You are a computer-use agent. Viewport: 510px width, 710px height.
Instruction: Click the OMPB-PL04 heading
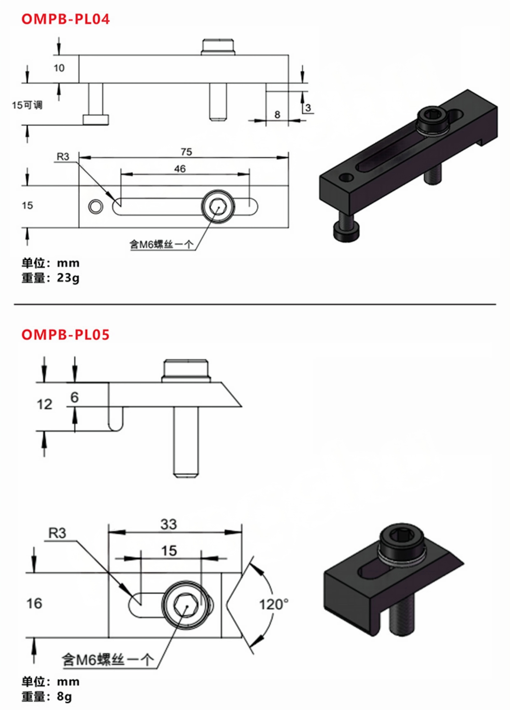pos(65,19)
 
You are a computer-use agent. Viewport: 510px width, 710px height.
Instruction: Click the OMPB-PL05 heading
pos(65,335)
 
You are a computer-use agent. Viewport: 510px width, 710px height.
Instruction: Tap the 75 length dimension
pos(186,152)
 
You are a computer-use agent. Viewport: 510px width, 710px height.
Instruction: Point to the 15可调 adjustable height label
pos(27,105)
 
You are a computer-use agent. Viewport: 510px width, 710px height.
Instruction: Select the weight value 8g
pos(64,697)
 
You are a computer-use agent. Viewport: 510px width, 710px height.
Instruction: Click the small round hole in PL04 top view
pos(95,207)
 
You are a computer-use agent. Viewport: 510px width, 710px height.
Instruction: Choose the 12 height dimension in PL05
pos(44,404)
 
